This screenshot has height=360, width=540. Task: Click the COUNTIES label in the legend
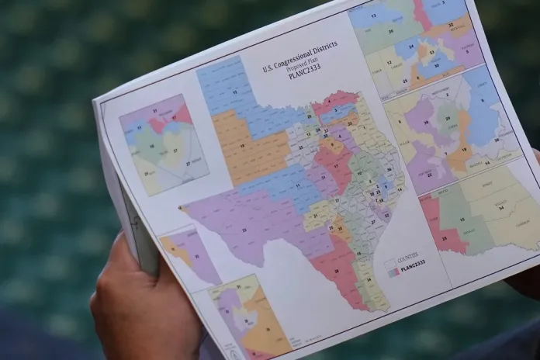pyautogui.click(x=407, y=256)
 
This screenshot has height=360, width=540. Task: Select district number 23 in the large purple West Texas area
pyautogui.click(x=247, y=230)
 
